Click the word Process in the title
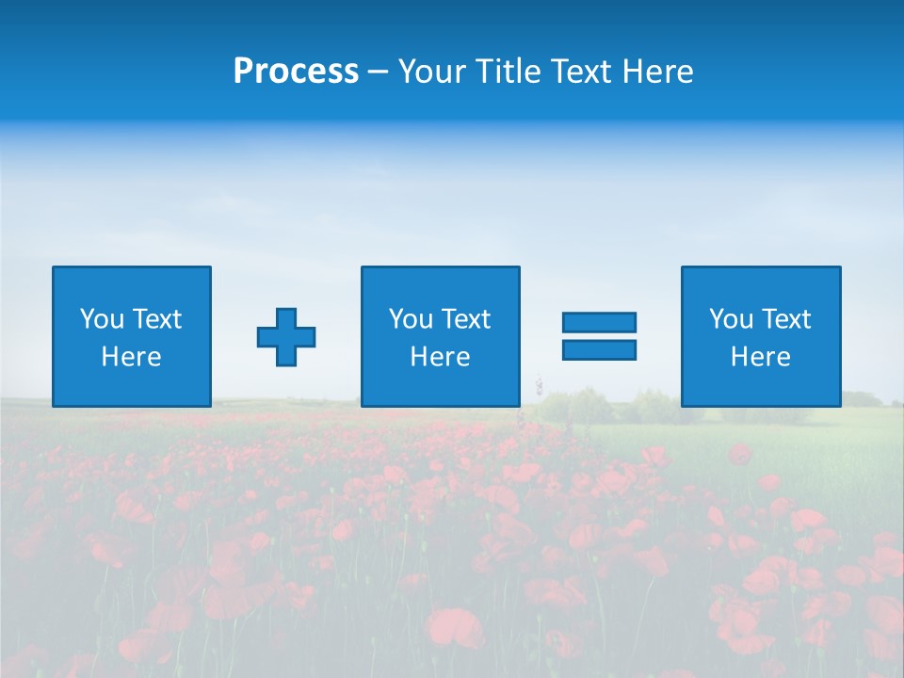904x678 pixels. point(296,72)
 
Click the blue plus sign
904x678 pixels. point(286,336)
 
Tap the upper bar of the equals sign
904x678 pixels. point(599,322)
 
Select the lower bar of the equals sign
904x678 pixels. point(599,349)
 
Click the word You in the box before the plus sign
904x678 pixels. point(102,319)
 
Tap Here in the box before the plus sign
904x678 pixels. point(131,357)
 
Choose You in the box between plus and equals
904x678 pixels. point(411,319)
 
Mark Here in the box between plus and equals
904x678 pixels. point(440,357)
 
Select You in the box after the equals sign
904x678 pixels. point(731,319)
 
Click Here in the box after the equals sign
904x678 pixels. point(760,357)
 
